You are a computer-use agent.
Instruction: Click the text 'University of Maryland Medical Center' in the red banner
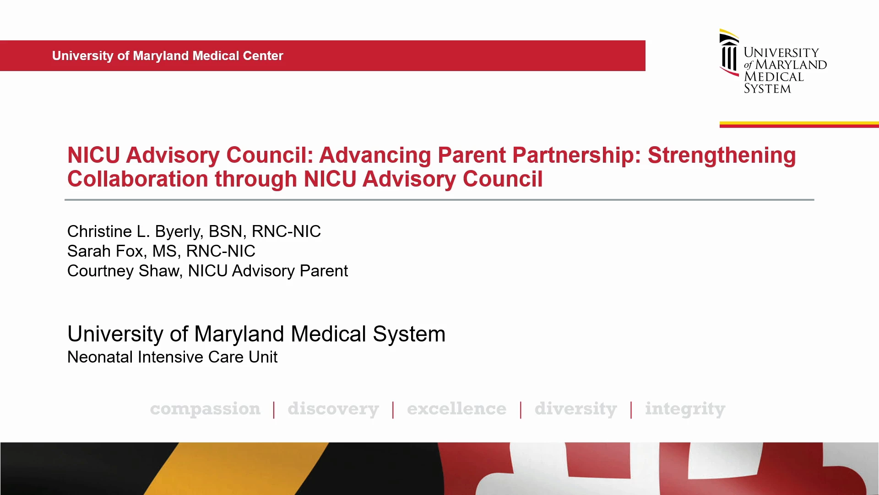(x=168, y=56)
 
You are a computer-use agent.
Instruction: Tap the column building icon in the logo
(x=729, y=53)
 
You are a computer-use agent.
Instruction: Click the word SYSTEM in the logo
(x=767, y=88)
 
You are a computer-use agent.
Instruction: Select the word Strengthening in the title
(x=722, y=156)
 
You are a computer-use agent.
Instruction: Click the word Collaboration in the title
(x=138, y=179)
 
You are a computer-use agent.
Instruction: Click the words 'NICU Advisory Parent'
(x=268, y=271)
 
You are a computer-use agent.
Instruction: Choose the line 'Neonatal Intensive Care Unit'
(x=172, y=357)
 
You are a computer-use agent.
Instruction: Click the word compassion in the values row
(x=205, y=409)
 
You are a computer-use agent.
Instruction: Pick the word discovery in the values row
(x=333, y=409)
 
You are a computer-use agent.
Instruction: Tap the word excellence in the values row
(x=456, y=408)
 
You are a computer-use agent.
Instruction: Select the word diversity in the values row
(x=576, y=409)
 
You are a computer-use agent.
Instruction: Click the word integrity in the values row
(x=685, y=409)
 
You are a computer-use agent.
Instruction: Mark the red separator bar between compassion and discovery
(x=274, y=410)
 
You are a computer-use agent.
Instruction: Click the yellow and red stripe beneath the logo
(x=799, y=124)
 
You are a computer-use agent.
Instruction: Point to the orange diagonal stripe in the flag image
(x=237, y=468)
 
